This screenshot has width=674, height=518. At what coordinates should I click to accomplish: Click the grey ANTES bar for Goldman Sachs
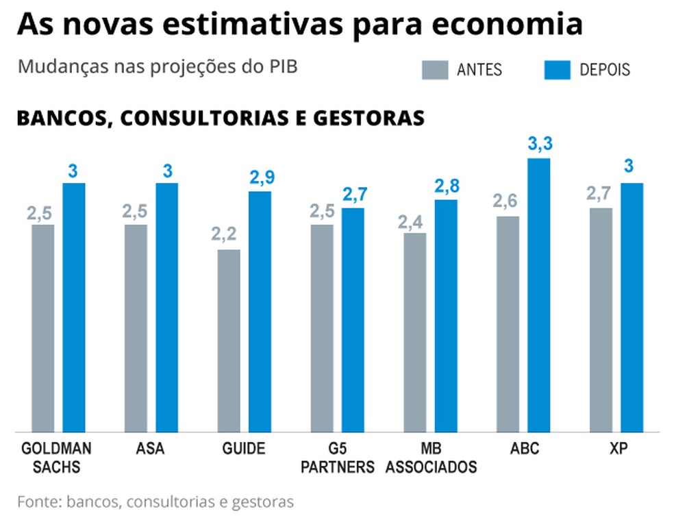point(42,328)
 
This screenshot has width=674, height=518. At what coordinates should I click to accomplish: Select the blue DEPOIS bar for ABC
point(539,295)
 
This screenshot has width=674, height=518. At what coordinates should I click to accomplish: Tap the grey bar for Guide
point(229,341)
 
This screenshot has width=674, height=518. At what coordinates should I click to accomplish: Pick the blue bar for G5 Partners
point(353,319)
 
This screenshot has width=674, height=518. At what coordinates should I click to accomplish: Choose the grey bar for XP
point(601,319)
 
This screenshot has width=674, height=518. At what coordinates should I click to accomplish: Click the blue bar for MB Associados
point(446,315)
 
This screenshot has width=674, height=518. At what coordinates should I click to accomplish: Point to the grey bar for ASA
point(136,328)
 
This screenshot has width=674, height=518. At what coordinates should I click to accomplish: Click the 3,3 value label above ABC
point(540,145)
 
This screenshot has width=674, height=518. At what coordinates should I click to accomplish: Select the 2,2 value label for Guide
point(223,235)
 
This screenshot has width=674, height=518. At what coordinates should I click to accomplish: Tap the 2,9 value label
point(260,178)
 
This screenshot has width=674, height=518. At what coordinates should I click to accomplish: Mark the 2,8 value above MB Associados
point(447,186)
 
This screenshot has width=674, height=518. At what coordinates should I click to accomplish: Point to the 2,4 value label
point(410,221)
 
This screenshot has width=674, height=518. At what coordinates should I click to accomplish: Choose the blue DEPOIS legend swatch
point(557,70)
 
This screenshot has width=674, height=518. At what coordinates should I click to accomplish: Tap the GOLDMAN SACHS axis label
point(57,458)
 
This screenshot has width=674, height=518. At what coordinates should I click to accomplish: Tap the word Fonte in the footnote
point(37,502)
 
